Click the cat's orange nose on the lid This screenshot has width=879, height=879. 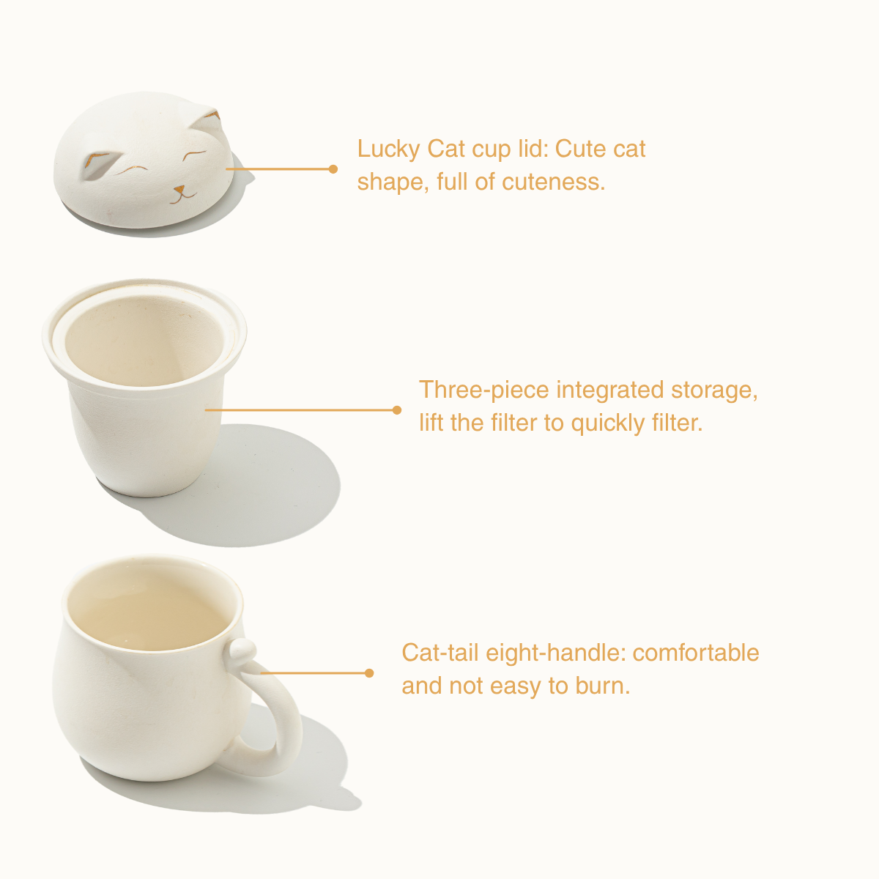[x=179, y=189]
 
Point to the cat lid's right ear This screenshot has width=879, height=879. [x=206, y=120]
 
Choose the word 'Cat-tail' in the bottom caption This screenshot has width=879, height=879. [x=439, y=653]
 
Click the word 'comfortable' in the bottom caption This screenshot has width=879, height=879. [x=696, y=653]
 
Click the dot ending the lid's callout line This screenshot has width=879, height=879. [x=333, y=169]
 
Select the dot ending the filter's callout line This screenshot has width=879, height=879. [x=397, y=410]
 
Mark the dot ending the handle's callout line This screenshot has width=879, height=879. [x=369, y=673]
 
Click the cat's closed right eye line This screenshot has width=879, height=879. [x=194, y=155]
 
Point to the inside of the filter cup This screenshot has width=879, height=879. [x=144, y=341]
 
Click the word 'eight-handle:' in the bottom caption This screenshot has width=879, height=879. [x=555, y=653]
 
